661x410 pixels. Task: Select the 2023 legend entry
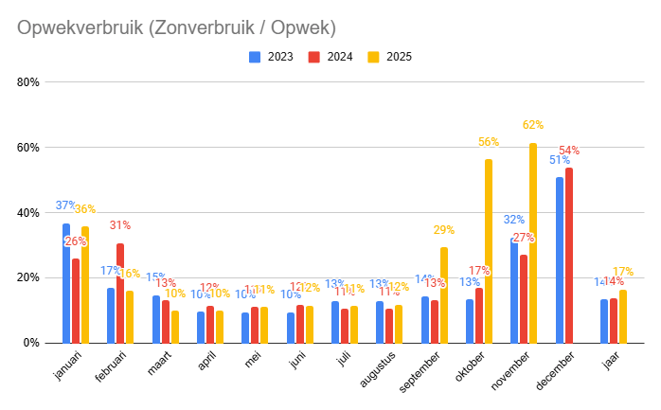coord(275,57)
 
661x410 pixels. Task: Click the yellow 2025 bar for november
coord(533,243)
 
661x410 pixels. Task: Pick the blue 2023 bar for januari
coord(66,283)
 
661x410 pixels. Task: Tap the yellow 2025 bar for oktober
coord(489,251)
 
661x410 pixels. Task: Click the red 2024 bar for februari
coord(120,293)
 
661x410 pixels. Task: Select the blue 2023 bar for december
coord(560,260)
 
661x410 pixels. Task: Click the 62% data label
coord(532,125)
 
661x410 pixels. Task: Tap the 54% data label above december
coord(569,151)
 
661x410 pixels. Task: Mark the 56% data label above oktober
coord(489,142)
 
